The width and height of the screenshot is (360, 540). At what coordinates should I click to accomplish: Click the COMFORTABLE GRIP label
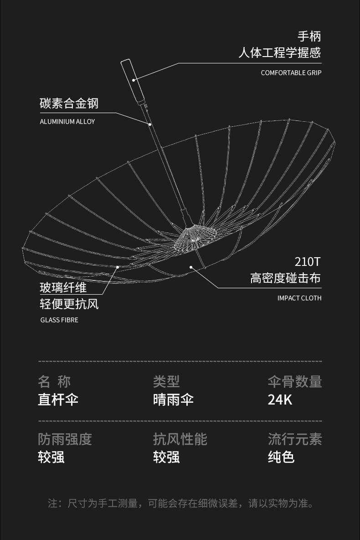pos(291,73)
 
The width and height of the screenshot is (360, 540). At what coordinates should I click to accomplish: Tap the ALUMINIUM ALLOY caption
pos(67,121)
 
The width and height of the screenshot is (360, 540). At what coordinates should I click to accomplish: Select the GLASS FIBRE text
pos(59,320)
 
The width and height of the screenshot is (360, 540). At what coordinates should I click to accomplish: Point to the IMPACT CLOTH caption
pos(299,298)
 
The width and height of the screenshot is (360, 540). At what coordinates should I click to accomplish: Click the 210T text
pos(308,262)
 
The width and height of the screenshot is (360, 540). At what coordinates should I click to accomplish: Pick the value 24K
pos(280,400)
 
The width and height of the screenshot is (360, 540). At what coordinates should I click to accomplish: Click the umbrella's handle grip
pos(133,79)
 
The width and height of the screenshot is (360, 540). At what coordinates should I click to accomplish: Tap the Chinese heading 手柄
pos(309,36)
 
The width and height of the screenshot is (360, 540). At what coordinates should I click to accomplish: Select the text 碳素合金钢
pos(69,104)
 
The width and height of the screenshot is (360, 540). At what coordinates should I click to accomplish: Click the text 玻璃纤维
pos(63,288)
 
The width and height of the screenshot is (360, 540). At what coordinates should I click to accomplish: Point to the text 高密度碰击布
pos(286,278)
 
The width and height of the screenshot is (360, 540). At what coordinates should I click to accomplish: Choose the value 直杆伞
pos(58,400)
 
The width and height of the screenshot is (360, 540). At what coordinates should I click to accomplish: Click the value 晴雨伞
pos(173,400)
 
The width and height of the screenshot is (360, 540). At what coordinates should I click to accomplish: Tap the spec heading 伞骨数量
pos(295,381)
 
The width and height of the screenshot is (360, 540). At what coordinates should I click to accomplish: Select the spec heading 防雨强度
pos(65,439)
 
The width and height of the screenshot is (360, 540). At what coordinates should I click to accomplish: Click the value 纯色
pos(281,457)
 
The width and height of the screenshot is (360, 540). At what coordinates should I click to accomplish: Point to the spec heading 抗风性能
pos(180,439)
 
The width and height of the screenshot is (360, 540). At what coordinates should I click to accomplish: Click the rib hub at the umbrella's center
pos(191,238)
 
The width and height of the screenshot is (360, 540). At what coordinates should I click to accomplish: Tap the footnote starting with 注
pos(181,504)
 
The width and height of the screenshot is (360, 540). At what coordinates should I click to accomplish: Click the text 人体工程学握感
pos(280,53)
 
